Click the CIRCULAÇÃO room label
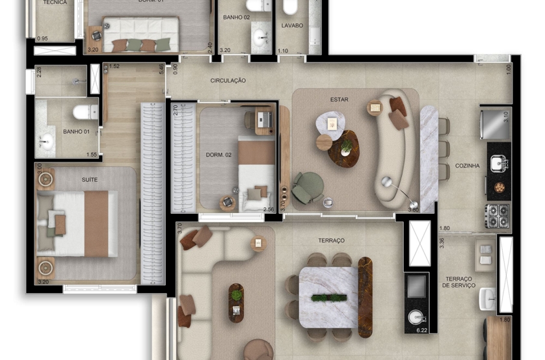pyautogui.click(x=228, y=81)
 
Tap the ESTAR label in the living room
pyautogui.click(x=339, y=99)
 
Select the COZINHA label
pyautogui.click(x=467, y=166)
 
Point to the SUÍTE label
pyautogui.click(x=90, y=179)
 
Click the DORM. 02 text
pyautogui.click(x=219, y=155)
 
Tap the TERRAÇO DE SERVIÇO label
pyautogui.click(x=459, y=281)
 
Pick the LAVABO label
pyautogui.click(x=292, y=26)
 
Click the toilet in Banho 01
pyautogui.click(x=84, y=112)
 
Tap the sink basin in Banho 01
pyautogui.click(x=46, y=140)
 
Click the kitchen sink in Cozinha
pyautogui.click(x=498, y=162)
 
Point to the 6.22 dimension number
pyautogui.click(x=422, y=331)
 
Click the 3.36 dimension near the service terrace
pyautogui.click(x=442, y=243)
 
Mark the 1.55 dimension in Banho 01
pyautogui.click(x=92, y=155)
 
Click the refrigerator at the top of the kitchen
pyautogui.click(x=495, y=123)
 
